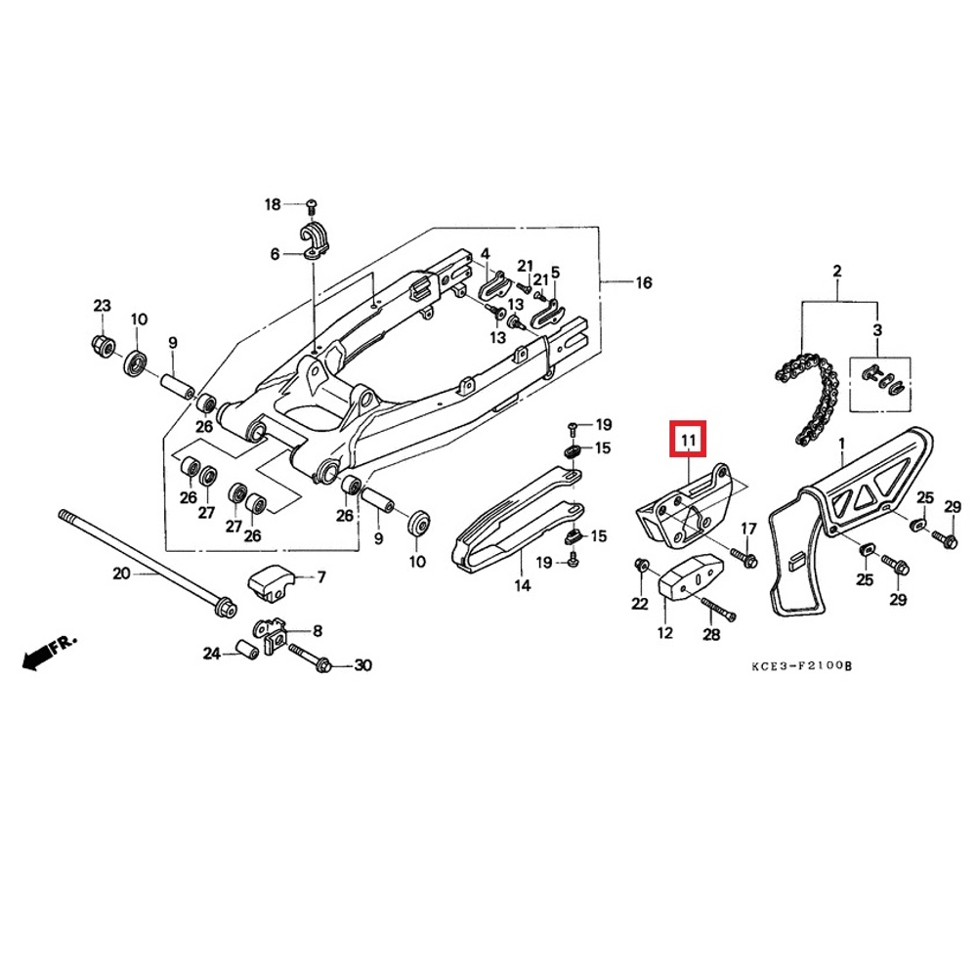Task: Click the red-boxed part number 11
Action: point(688,441)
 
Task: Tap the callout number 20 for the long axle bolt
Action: point(121,573)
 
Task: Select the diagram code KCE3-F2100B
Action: point(802,665)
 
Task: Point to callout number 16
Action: point(643,283)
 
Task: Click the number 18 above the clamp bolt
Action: point(273,204)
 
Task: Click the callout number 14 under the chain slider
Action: point(522,585)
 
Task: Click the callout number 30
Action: point(362,665)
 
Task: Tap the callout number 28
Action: point(710,634)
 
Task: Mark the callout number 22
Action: point(639,604)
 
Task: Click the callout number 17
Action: point(748,529)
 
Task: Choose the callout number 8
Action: point(317,631)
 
